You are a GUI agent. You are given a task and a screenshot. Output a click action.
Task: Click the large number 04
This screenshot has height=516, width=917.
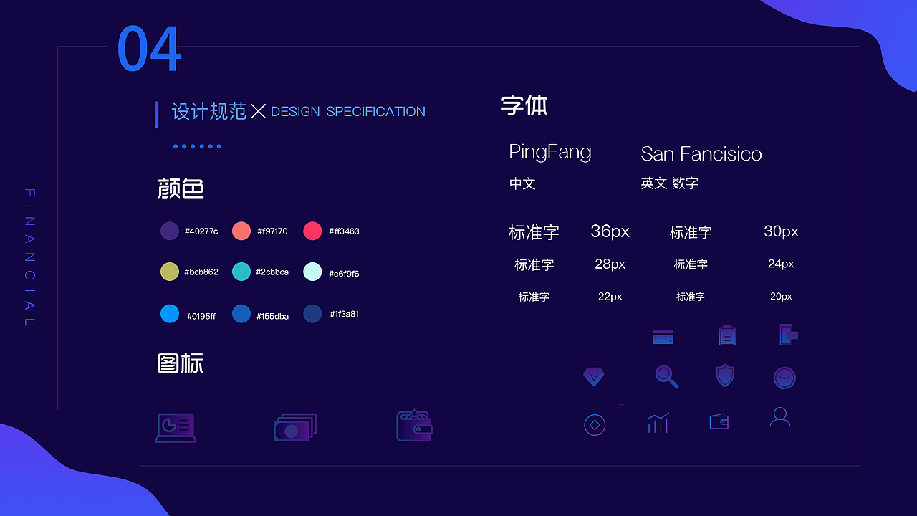149,49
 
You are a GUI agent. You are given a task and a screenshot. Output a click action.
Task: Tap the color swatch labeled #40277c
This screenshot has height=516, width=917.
170,231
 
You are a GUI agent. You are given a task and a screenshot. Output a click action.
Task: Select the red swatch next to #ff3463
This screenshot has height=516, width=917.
312,231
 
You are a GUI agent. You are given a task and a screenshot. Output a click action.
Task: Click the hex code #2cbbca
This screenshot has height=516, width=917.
272,272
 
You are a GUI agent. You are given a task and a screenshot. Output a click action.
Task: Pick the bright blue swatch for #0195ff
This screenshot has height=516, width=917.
170,314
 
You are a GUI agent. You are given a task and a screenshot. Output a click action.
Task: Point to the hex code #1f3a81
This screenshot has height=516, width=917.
344,314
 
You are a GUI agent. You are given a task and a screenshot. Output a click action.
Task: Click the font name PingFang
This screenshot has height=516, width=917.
550,152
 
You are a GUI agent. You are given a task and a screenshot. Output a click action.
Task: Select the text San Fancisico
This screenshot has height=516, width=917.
701,153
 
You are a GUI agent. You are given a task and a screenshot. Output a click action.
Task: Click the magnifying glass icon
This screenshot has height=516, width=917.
666,376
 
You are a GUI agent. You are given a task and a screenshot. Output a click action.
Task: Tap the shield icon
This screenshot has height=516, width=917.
725,376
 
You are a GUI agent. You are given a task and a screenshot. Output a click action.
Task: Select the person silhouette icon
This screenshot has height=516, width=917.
780,417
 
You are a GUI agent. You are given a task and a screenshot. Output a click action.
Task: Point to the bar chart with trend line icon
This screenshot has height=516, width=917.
658,423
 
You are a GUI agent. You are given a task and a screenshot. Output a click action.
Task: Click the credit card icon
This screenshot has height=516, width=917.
663,336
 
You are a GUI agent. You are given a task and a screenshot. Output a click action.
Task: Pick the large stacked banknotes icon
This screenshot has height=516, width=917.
294,427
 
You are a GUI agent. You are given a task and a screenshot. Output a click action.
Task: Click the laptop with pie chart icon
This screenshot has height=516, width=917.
176,427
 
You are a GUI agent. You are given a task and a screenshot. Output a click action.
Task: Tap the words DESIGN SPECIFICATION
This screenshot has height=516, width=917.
348,112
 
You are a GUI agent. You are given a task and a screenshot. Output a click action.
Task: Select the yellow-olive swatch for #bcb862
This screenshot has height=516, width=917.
170,272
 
